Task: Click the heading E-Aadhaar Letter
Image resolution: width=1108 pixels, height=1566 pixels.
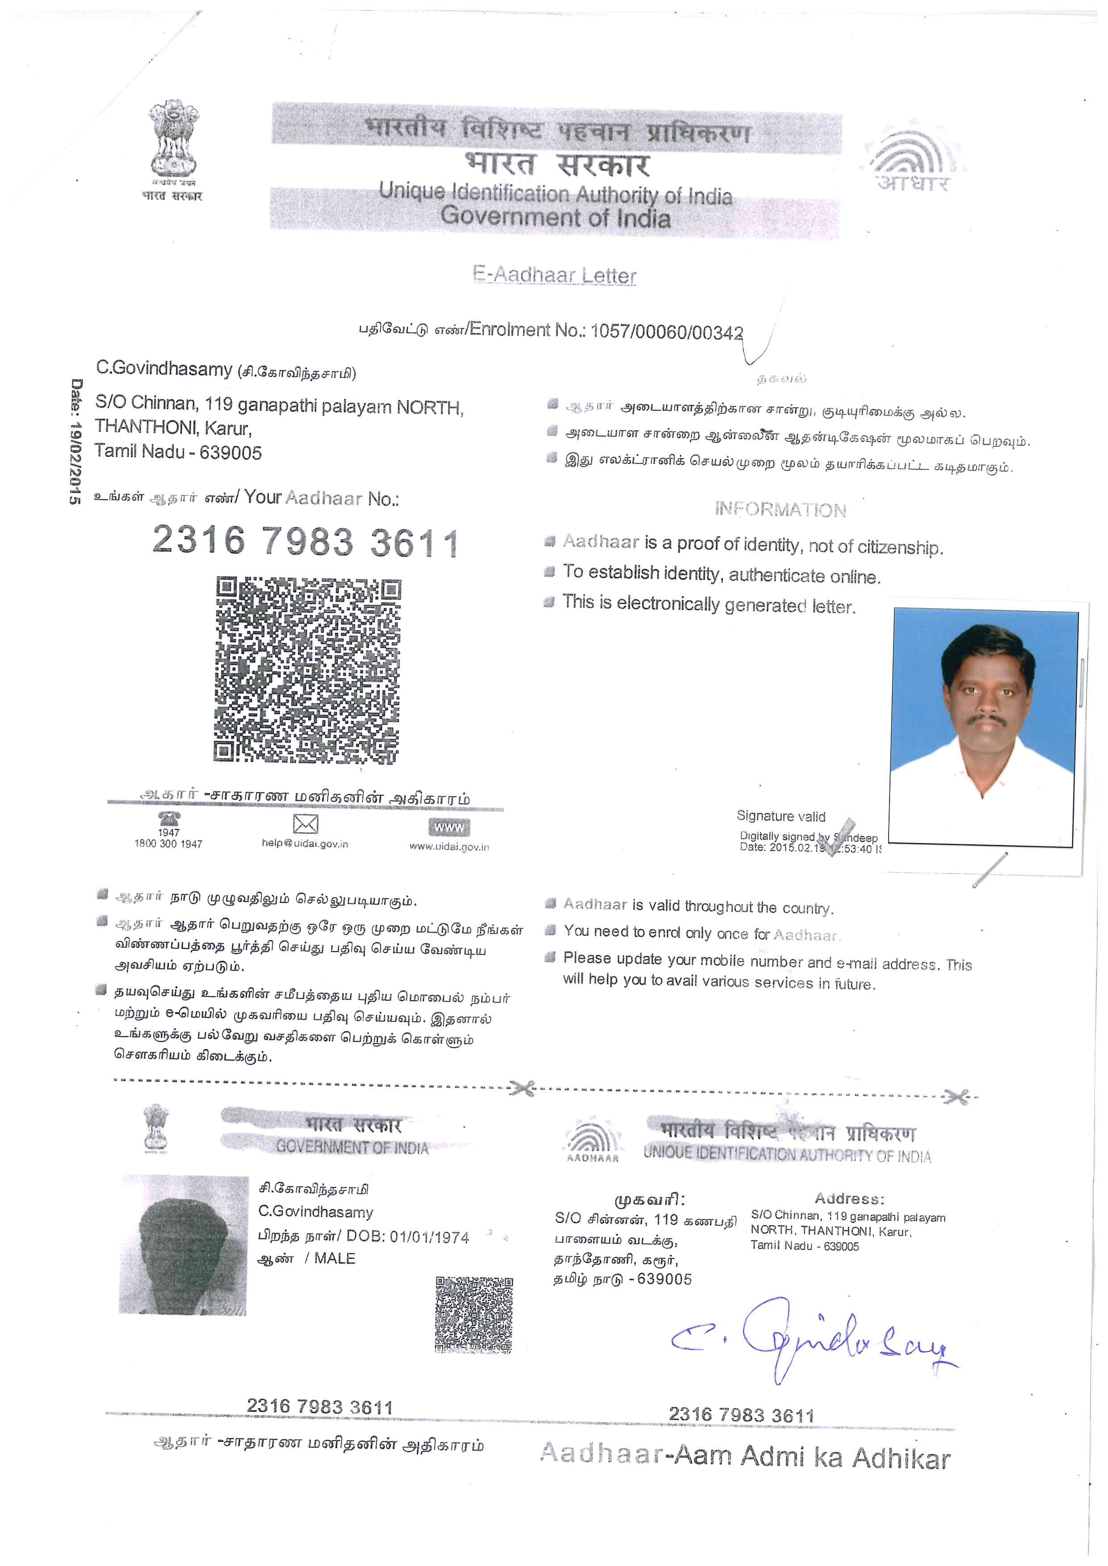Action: pos(554,275)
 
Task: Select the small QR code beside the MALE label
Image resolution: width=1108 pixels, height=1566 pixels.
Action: pos(474,1314)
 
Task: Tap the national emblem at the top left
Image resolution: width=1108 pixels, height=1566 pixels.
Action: pos(173,140)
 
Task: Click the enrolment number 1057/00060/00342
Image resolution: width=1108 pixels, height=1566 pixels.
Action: pos(667,331)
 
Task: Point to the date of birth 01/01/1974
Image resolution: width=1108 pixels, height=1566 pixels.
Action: pos(429,1237)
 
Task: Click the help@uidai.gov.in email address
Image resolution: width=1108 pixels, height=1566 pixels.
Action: pos(305,844)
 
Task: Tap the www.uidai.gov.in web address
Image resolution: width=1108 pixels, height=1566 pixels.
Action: pos(449,847)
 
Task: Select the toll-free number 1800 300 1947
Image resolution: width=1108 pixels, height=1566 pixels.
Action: pos(168,844)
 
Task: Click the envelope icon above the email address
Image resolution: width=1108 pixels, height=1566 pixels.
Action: pos(305,824)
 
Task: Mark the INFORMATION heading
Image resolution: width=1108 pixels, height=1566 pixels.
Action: pos(781,509)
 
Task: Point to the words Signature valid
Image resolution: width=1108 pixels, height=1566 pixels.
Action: pos(781,816)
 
